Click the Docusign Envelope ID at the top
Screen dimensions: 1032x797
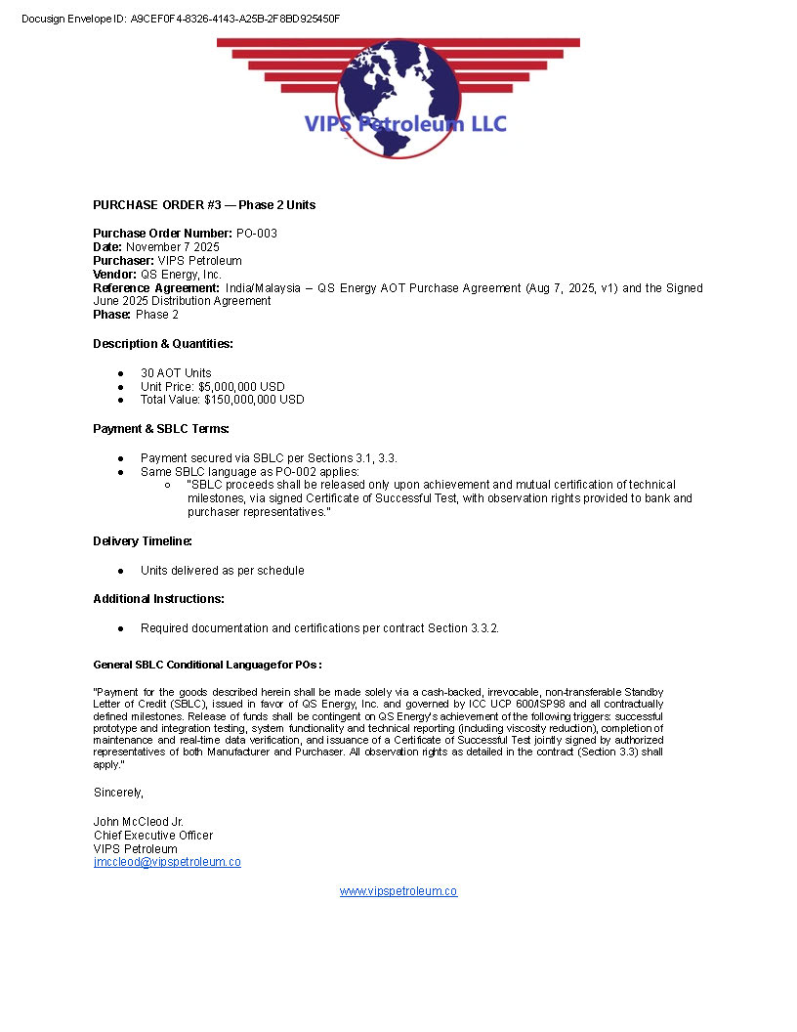pyautogui.click(x=181, y=19)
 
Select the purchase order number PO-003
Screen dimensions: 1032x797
pyautogui.click(x=257, y=234)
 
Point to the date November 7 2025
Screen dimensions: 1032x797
pyautogui.click(x=173, y=247)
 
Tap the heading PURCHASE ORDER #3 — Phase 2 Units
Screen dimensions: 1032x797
pyautogui.click(x=204, y=205)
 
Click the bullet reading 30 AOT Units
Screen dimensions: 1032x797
pyautogui.click(x=176, y=373)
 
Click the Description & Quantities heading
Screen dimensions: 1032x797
pyautogui.click(x=163, y=344)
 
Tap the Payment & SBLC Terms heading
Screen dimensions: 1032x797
pyautogui.click(x=161, y=429)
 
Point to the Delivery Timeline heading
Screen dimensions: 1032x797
pyautogui.click(x=143, y=541)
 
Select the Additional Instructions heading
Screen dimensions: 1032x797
pyautogui.click(x=158, y=599)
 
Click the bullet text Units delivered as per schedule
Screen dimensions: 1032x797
pyautogui.click(x=223, y=571)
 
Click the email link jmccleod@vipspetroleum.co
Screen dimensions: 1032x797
pyautogui.click(x=167, y=862)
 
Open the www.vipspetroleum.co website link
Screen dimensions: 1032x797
pyautogui.click(x=398, y=891)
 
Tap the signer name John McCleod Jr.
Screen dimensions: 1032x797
pyautogui.click(x=139, y=822)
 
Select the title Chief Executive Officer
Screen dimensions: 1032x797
pyautogui.click(x=153, y=836)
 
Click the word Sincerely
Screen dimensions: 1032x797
pyautogui.click(x=118, y=793)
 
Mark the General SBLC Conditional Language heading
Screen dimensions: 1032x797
pyautogui.click(x=207, y=666)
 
